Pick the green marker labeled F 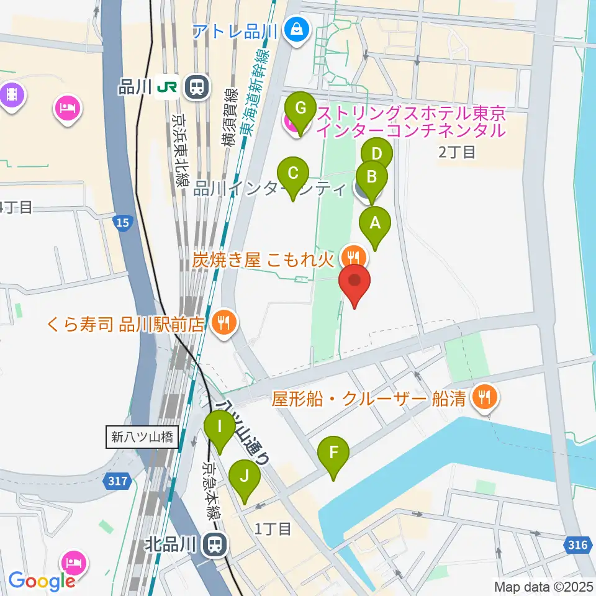(x=333, y=454)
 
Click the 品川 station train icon (x=197, y=88)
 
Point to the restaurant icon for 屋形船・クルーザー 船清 (x=484, y=397)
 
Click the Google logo (x=42, y=580)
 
